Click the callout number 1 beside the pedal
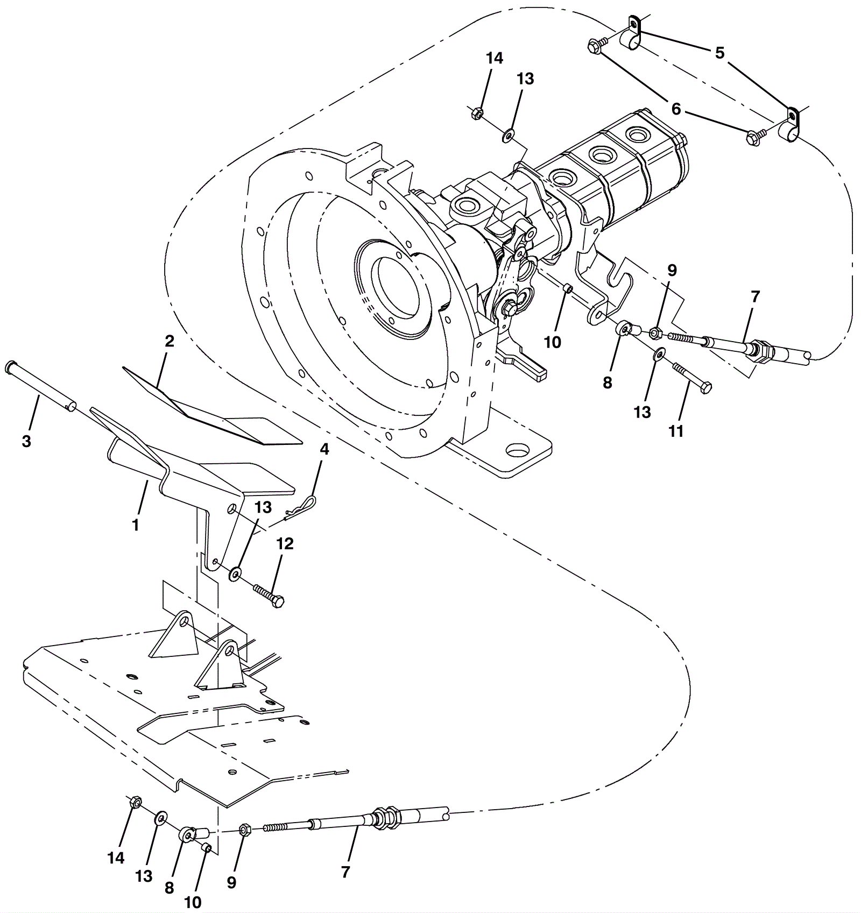point(136,524)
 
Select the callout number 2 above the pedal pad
point(170,341)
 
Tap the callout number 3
point(26,441)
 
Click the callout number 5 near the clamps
point(719,53)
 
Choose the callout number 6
point(676,109)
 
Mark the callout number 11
point(676,431)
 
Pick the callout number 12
point(285,544)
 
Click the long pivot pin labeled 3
point(40,385)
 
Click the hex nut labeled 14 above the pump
point(476,114)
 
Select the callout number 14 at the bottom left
point(116,858)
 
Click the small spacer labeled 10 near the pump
point(567,291)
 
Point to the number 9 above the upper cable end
point(672,270)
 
